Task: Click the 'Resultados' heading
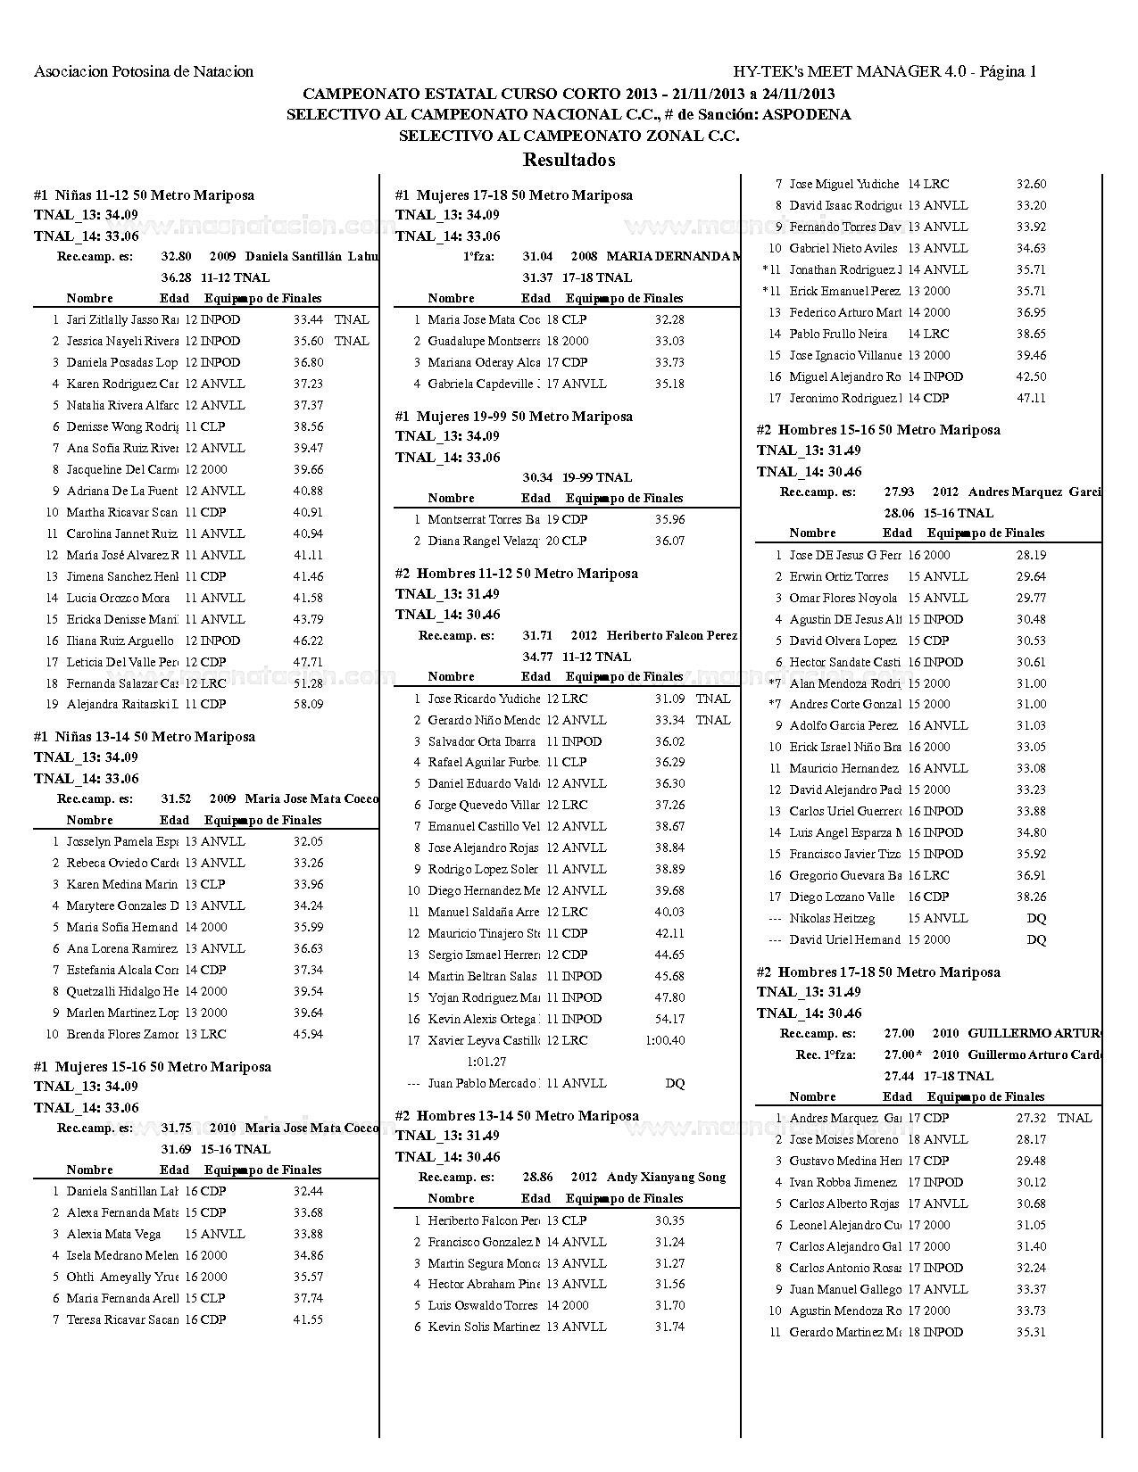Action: (569, 161)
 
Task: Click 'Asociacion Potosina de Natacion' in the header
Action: (144, 72)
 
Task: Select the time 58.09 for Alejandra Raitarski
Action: (308, 705)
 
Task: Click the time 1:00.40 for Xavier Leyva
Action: (665, 1040)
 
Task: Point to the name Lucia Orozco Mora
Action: (118, 598)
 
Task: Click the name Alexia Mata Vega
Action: (113, 1234)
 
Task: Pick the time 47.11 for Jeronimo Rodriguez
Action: (1031, 398)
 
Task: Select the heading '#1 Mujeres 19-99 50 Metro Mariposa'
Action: (513, 416)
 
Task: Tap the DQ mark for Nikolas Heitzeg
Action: (1035, 918)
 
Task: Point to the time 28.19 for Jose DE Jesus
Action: (1031, 555)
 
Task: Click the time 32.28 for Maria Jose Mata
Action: (669, 319)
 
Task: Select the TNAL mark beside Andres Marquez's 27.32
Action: (1074, 1118)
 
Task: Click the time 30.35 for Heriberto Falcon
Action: (669, 1220)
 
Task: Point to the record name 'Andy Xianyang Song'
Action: (666, 1178)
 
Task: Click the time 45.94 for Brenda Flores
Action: (308, 1034)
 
